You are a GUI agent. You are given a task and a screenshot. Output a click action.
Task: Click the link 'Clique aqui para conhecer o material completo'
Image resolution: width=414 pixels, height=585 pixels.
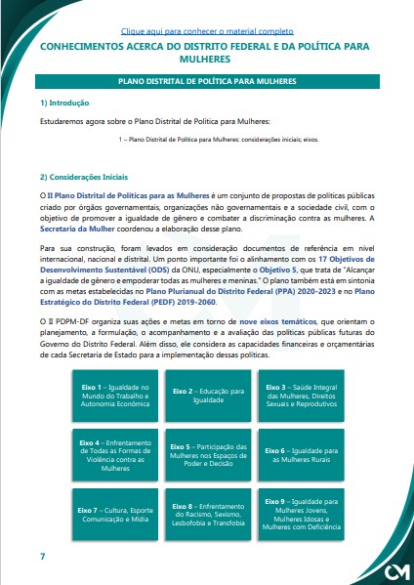[x=207, y=31]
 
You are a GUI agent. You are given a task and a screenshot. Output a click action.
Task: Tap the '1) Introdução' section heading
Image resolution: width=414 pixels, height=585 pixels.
[x=64, y=103]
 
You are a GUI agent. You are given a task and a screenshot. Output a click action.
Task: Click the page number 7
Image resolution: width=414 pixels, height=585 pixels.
[x=42, y=556]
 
